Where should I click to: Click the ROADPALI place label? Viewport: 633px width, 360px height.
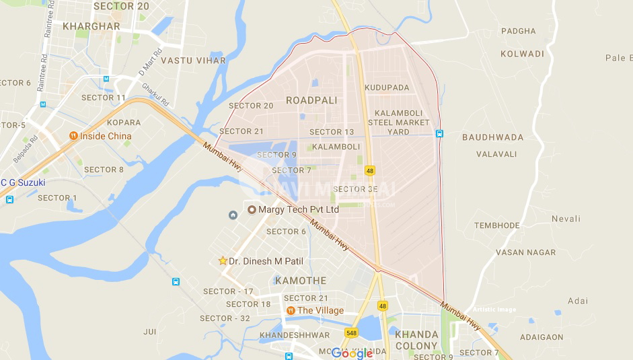[311, 100]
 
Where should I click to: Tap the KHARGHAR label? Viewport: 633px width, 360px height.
[91, 26]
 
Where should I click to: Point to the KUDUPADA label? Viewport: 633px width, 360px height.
[387, 88]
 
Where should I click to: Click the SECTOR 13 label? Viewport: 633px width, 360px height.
[331, 132]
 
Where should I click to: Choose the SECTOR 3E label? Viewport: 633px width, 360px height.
[355, 189]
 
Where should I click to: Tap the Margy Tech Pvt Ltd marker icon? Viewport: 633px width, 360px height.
[252, 209]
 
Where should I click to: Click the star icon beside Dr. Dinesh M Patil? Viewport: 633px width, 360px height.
[223, 260]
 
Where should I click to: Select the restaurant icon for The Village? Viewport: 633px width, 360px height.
[290, 310]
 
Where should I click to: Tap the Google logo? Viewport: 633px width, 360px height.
[352, 353]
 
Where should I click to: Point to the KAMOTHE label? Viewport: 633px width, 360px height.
[301, 281]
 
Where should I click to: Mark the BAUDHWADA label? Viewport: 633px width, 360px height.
[492, 137]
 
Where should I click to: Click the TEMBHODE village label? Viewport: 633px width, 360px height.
[497, 225]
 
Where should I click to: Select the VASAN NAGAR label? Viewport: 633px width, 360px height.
[525, 252]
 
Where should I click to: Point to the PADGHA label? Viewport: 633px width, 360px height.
[519, 31]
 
